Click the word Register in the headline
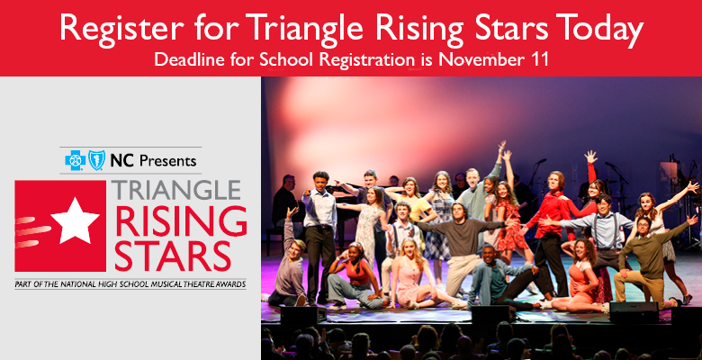click(x=121, y=28)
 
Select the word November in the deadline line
click(x=479, y=59)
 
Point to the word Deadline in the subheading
click(x=189, y=59)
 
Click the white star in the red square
click(x=76, y=220)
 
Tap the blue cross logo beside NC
click(x=76, y=160)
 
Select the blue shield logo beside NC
click(x=96, y=160)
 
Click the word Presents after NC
click(x=168, y=160)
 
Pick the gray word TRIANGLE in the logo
click(x=175, y=190)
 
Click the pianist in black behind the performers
click(x=285, y=202)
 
